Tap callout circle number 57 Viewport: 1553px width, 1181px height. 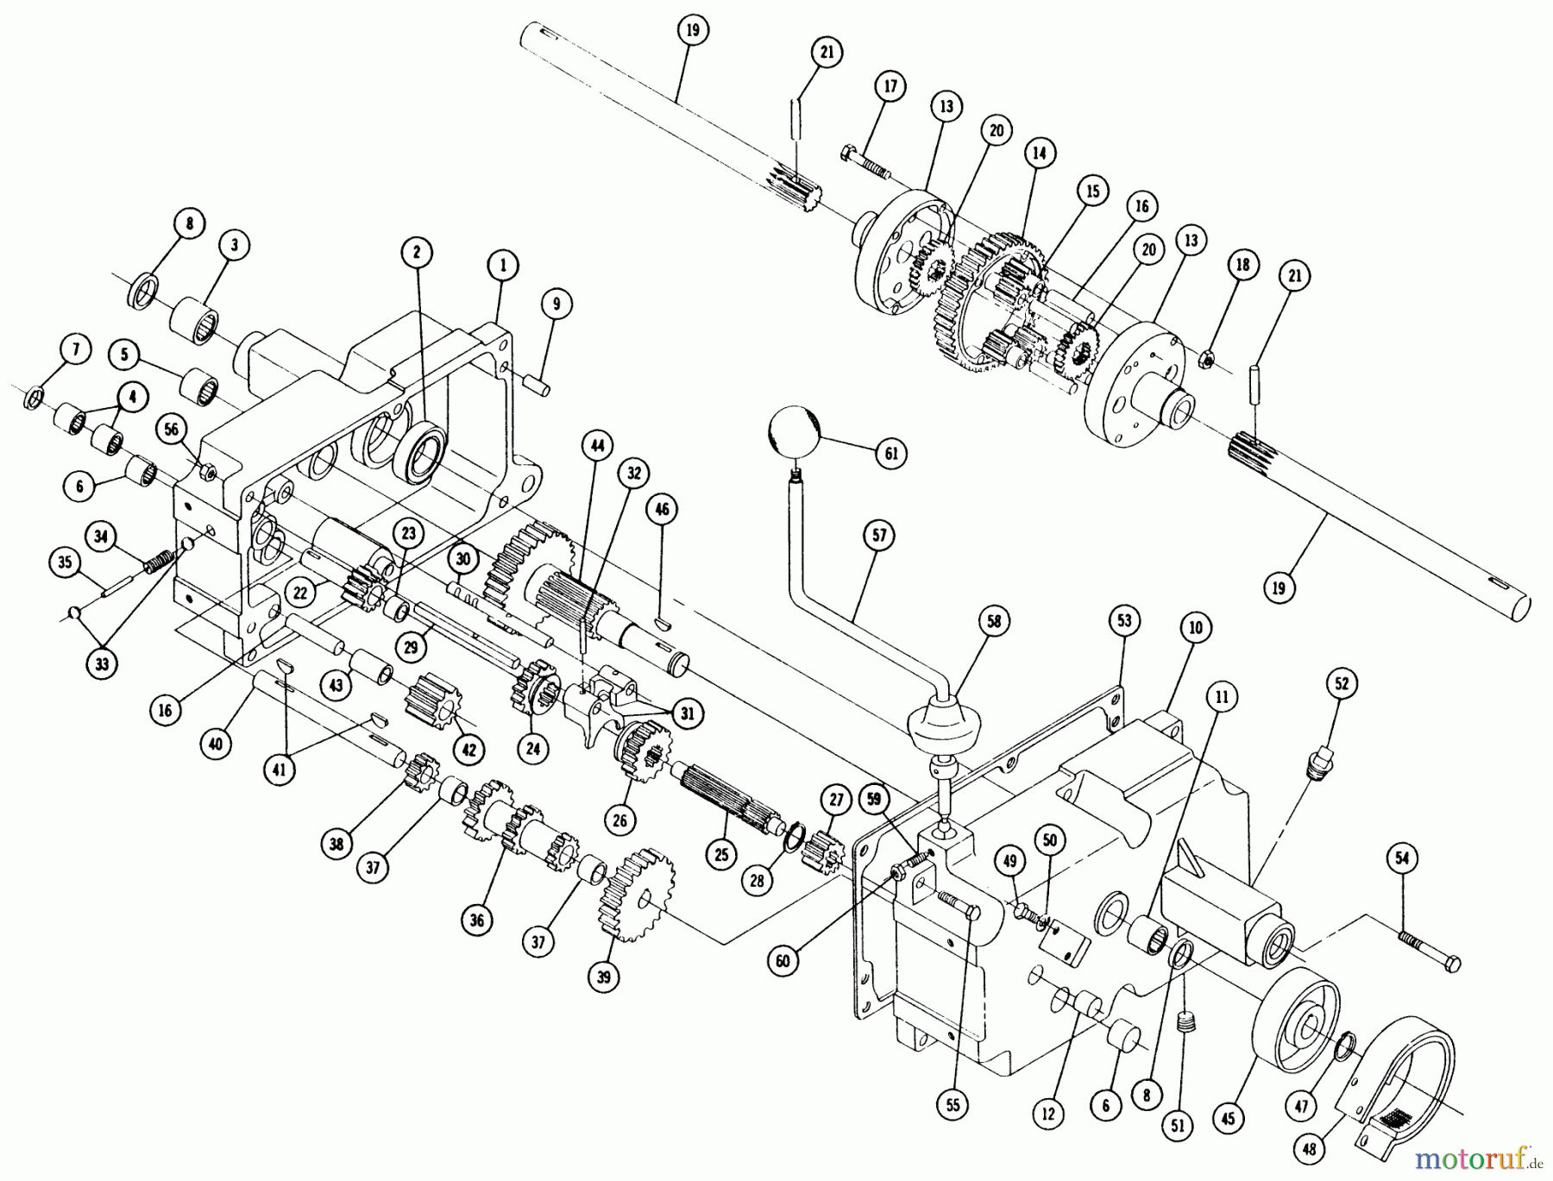(x=878, y=536)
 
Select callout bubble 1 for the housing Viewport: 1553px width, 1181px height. (x=503, y=266)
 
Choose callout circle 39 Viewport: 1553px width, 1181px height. (x=603, y=977)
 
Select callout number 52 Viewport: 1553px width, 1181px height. (x=1342, y=684)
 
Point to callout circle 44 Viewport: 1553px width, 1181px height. (x=597, y=446)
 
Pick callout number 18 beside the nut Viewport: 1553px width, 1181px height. (x=1242, y=265)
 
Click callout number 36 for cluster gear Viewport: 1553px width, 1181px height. (x=477, y=920)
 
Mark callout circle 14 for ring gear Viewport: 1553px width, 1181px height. (x=1040, y=154)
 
